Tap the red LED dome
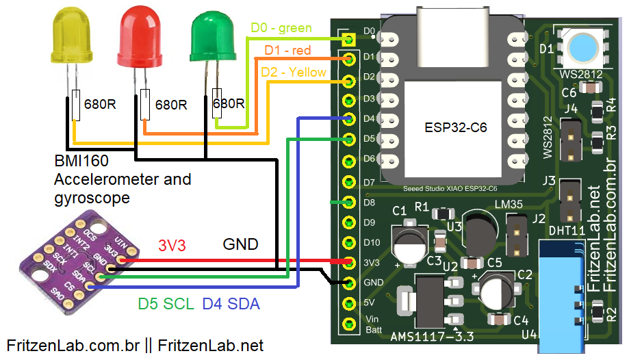pyautogui.click(x=143, y=37)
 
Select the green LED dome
pyautogui.click(x=214, y=39)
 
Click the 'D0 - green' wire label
pyautogui.click(x=281, y=28)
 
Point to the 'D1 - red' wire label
pyautogui.click(x=287, y=51)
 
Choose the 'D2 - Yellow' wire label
pyautogui.click(x=294, y=72)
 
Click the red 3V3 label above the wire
pyautogui.click(x=173, y=245)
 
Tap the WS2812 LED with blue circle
pyautogui.click(x=582, y=47)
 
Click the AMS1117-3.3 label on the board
pyautogui.click(x=431, y=336)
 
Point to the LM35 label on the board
pyautogui.click(x=509, y=206)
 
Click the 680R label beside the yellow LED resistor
pyautogui.click(x=100, y=105)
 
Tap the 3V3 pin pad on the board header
pyautogui.click(x=349, y=262)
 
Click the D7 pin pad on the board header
pyautogui.click(x=349, y=182)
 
